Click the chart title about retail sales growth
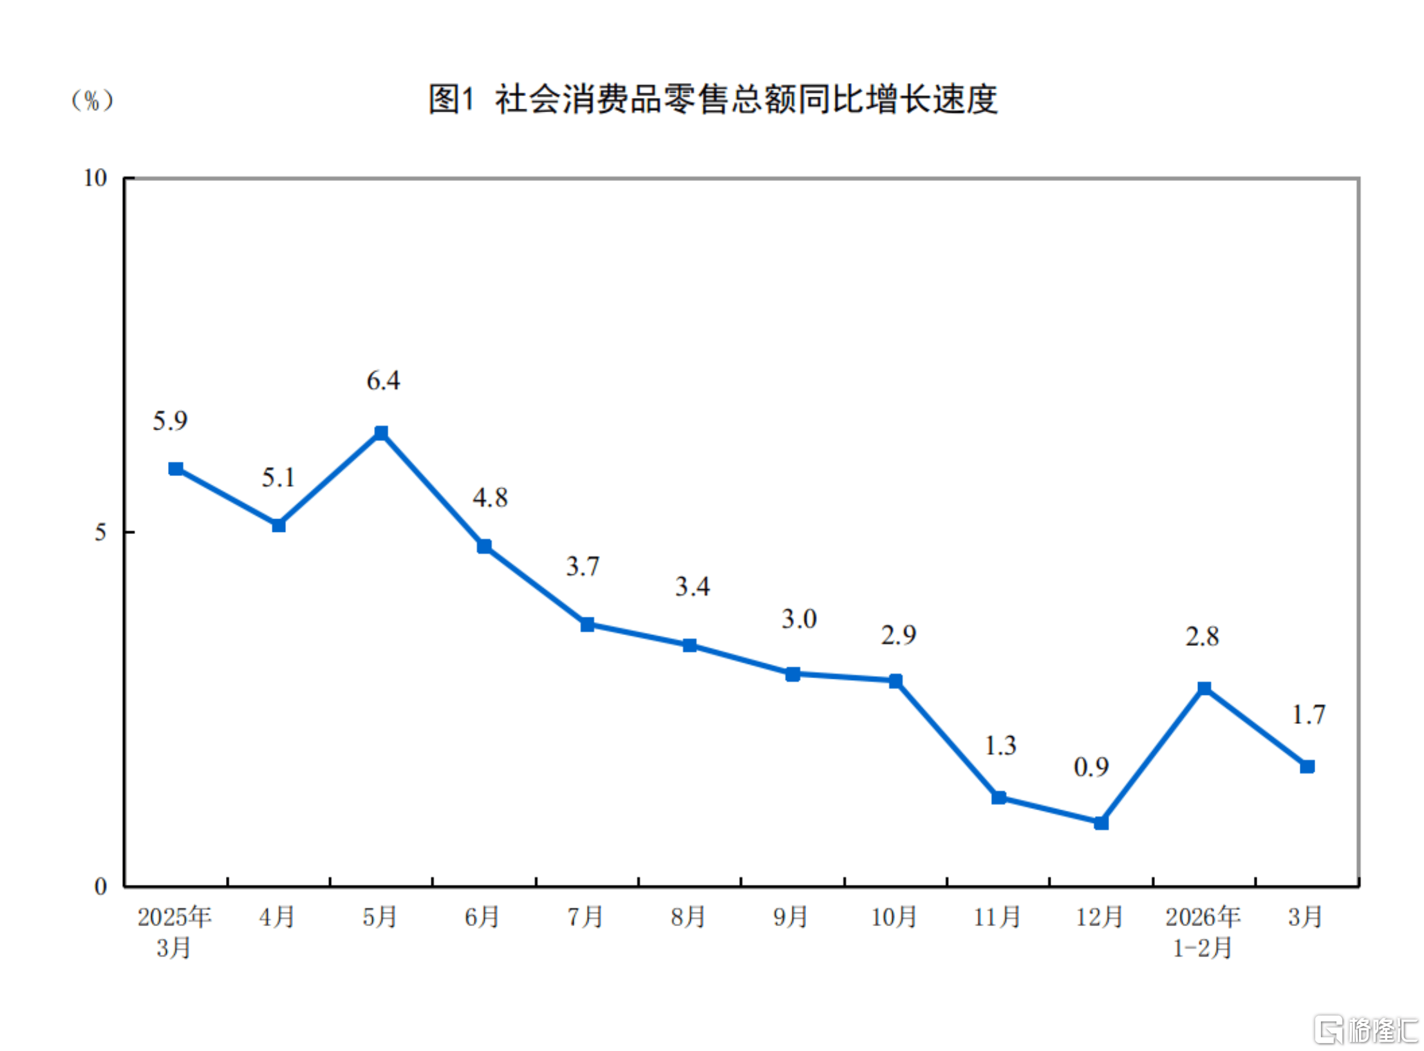tap(713, 100)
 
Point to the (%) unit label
tap(92, 100)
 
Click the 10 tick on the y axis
tap(95, 178)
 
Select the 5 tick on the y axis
tap(100, 532)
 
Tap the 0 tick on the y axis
tap(100, 886)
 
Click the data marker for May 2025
tap(381, 433)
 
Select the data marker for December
tap(1101, 822)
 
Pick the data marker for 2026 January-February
tap(1204, 688)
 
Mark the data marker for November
tap(998, 798)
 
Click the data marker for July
tap(587, 625)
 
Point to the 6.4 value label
tap(383, 381)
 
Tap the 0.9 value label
tap(1091, 767)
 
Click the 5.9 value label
tap(170, 421)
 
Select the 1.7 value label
tap(1309, 715)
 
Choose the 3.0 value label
tap(799, 619)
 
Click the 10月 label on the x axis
tap(894, 917)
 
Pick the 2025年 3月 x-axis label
tap(174, 932)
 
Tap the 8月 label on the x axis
tap(688, 917)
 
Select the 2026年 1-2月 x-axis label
tap(1203, 932)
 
